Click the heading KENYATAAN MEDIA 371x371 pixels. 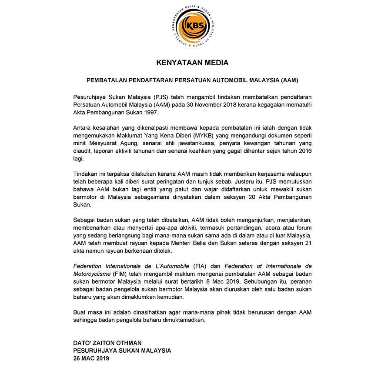point(192,63)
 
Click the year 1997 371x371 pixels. point(150,113)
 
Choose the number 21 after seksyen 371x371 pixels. point(296,244)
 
